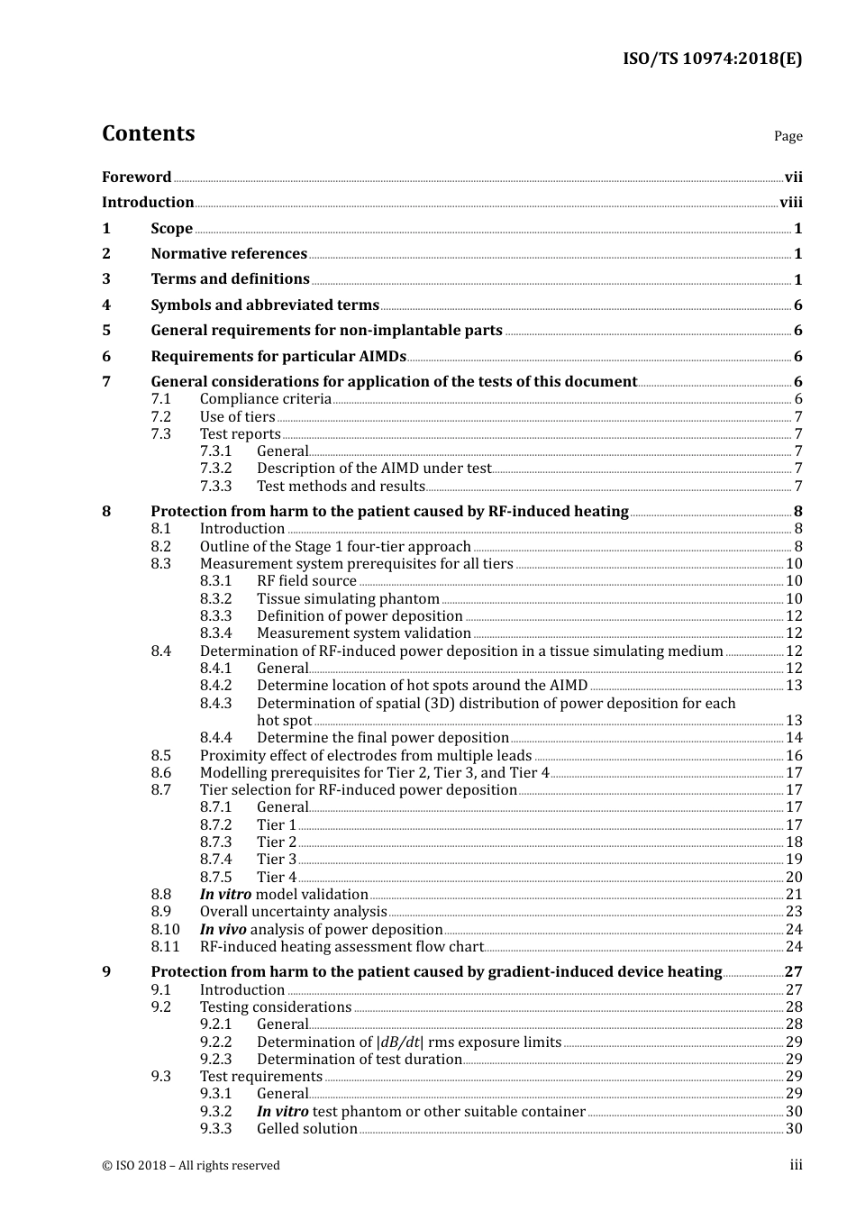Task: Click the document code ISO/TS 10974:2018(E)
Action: pyautogui.click(x=712, y=59)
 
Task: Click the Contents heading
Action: pyautogui.click(x=148, y=133)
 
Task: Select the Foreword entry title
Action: pyautogui.click(x=136, y=178)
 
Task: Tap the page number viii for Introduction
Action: pyautogui.click(x=790, y=203)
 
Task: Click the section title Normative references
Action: pyautogui.click(x=229, y=254)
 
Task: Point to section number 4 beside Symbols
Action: pyautogui.click(x=106, y=305)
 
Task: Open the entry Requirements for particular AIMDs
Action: pyautogui.click(x=278, y=357)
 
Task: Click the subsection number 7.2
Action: pyautogui.click(x=161, y=416)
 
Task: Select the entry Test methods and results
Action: pyautogui.click(x=341, y=487)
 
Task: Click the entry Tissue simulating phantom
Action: pyautogui.click(x=348, y=599)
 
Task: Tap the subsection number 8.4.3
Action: pyautogui.click(x=215, y=704)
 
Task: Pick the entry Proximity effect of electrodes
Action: pyautogui.click(x=366, y=756)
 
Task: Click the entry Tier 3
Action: pyautogui.click(x=277, y=860)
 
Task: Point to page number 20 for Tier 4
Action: pyautogui.click(x=794, y=878)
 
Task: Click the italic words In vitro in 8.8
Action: pyautogui.click(x=225, y=895)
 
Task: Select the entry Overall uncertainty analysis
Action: pyautogui.click(x=293, y=912)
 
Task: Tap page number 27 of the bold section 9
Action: pyautogui.click(x=793, y=972)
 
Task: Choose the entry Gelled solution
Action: pyautogui.click(x=307, y=1129)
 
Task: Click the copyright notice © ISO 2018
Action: pyautogui.click(x=191, y=1166)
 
